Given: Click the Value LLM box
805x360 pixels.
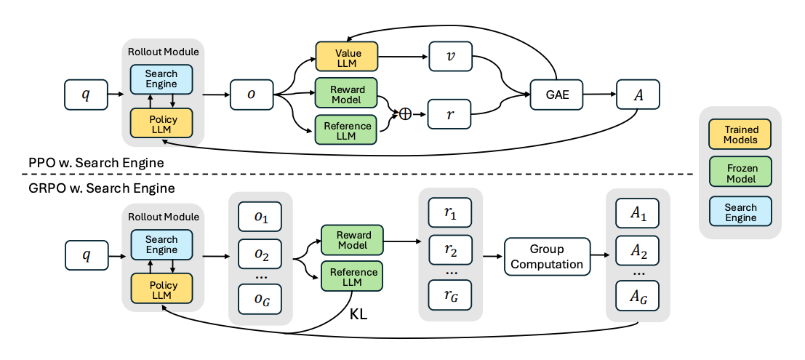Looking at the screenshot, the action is point(347,57).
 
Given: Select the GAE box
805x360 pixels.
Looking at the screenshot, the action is point(556,95).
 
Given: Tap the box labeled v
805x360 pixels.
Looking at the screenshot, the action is point(449,57).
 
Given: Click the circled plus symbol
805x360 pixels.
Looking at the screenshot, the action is point(406,114).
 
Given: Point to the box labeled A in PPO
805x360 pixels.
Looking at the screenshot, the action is point(638,95).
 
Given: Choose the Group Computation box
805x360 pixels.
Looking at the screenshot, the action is point(548,257).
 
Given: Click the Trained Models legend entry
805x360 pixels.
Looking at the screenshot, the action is point(740,135).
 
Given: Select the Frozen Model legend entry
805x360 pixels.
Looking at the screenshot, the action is point(740,173).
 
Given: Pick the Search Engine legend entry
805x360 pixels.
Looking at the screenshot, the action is point(740,211).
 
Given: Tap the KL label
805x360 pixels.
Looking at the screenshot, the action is point(358,316).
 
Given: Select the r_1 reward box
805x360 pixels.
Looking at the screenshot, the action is point(449,213).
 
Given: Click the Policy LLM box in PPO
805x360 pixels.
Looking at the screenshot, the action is point(161,123).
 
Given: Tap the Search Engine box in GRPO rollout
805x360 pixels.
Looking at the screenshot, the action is point(161,244).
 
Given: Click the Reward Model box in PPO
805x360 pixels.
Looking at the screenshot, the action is point(347,92).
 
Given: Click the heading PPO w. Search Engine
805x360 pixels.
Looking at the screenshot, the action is point(96,164).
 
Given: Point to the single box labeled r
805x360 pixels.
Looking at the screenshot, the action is point(449,114).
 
